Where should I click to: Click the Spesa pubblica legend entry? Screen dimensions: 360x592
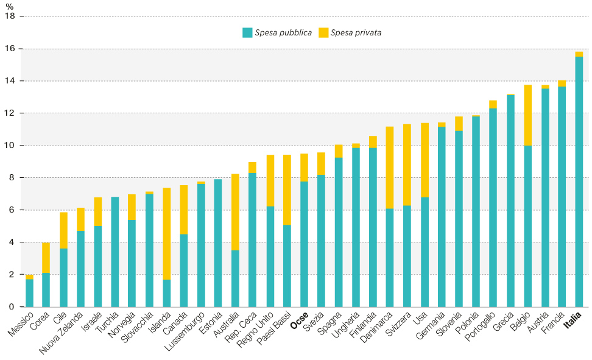277,33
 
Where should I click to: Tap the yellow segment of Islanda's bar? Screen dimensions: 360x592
167,234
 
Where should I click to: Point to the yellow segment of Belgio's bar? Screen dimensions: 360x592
527,115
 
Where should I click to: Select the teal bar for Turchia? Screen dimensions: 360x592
115,252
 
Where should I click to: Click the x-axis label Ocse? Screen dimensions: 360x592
298,320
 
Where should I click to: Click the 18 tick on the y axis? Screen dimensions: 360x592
10,16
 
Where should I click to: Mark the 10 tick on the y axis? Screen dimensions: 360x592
10,146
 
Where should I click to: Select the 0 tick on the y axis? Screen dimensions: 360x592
12,307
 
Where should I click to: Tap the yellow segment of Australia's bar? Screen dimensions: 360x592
235,212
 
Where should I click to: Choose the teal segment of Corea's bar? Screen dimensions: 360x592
46,290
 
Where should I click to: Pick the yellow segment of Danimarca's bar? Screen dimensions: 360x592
390,168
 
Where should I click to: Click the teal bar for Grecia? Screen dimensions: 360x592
510,200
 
